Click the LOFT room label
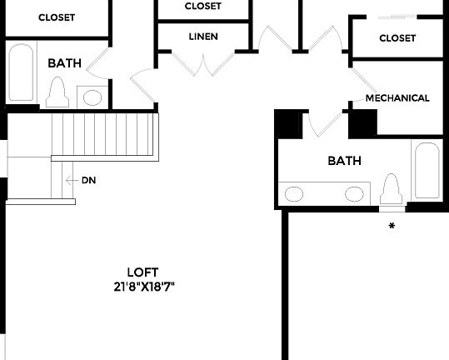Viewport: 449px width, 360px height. point(142,272)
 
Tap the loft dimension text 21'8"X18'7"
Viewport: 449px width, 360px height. point(142,286)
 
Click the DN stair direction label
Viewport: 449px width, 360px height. point(88,180)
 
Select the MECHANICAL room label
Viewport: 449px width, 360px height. point(397,97)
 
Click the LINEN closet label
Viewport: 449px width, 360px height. point(203,37)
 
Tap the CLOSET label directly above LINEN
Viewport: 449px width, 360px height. point(203,6)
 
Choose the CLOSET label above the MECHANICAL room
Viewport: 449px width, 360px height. point(397,37)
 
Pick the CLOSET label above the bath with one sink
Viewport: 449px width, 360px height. point(57,17)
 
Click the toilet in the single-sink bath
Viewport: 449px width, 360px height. point(58,91)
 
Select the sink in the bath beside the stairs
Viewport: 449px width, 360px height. point(92,97)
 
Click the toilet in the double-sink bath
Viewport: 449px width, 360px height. point(391,191)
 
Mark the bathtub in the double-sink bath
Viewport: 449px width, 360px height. point(426,171)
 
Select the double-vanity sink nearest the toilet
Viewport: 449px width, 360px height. point(355,194)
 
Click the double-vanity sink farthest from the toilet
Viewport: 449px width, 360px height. point(295,194)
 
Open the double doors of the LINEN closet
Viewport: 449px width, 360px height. point(203,61)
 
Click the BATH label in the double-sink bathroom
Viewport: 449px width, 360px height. point(344,160)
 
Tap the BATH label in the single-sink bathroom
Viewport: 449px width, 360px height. point(63,62)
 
